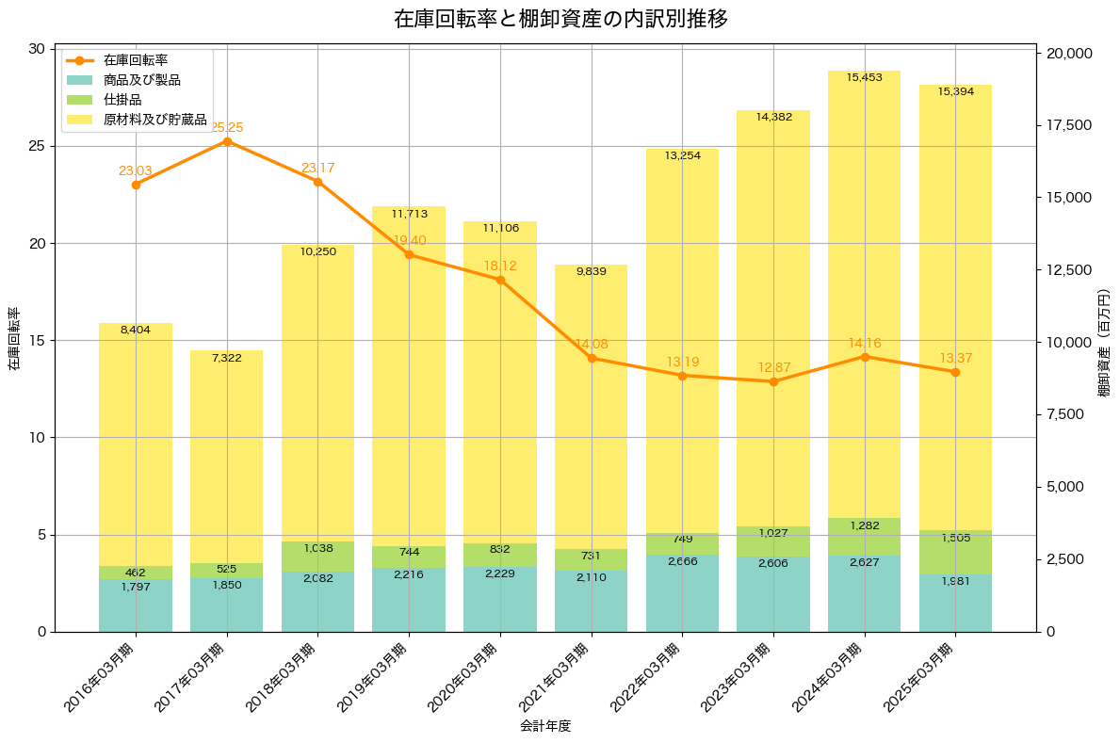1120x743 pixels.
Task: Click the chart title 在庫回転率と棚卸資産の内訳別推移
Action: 560,19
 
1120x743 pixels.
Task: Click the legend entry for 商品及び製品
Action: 141,80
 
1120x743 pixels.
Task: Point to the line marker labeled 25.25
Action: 227,141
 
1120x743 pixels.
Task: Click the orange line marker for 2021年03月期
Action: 592,358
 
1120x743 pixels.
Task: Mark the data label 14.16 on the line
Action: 864,343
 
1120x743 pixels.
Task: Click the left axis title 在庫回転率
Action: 14,340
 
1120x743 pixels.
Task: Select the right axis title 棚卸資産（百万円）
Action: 1104,340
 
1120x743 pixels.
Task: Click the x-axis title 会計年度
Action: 545,726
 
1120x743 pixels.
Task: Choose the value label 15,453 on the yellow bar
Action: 864,77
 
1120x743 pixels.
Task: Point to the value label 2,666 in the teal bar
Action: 682,561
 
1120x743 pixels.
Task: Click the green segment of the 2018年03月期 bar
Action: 317,557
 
